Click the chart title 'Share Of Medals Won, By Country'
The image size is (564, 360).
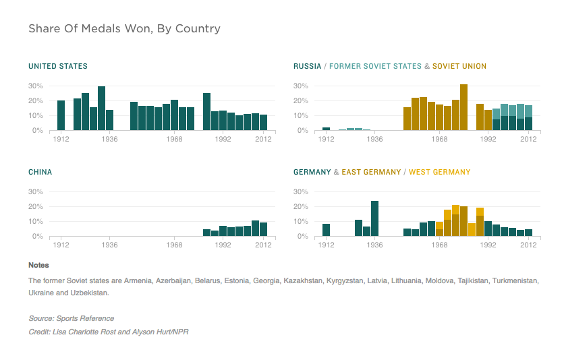[x=124, y=29]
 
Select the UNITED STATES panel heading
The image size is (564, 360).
[x=57, y=66]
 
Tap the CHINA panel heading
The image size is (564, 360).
[x=40, y=172]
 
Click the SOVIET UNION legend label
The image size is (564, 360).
[x=459, y=66]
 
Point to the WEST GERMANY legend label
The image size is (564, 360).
[x=440, y=172]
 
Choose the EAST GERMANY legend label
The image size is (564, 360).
[x=371, y=172]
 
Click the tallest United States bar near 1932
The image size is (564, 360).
[x=101, y=109]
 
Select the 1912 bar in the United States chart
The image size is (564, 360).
[x=61, y=115]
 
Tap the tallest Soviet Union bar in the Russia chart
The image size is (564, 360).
[x=463, y=107]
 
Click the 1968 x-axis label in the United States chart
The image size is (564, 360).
[x=174, y=140]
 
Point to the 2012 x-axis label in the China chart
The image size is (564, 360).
[x=263, y=245]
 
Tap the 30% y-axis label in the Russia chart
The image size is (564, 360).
[x=301, y=86]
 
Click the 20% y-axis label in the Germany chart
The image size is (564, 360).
[x=301, y=207]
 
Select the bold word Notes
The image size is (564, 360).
[x=38, y=265]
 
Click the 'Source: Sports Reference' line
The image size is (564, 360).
[x=71, y=318]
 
